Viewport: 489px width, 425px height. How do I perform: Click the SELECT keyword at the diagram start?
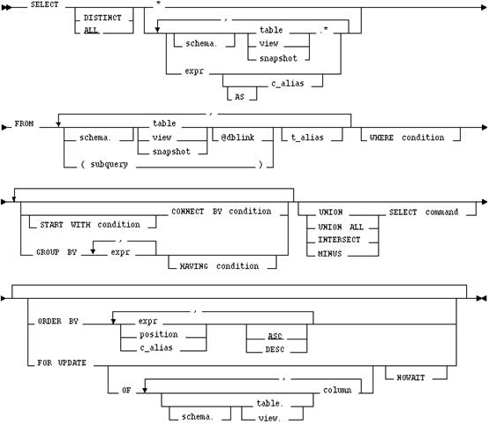point(45,4)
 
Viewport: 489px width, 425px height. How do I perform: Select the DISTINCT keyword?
point(102,18)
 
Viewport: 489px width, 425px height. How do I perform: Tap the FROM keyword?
point(24,123)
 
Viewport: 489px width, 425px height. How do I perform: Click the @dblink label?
point(237,138)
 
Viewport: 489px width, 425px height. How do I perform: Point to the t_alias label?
point(307,138)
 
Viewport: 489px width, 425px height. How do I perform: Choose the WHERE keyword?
point(381,138)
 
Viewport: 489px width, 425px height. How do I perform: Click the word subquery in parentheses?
point(109,164)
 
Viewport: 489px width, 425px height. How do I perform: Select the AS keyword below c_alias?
point(239,97)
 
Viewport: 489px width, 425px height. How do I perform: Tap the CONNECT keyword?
point(187,212)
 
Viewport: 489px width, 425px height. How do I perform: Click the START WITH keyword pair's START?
point(51,225)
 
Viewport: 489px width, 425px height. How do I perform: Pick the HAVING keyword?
point(193,266)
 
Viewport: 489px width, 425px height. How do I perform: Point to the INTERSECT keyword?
point(339,240)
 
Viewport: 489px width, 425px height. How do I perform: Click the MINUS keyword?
point(329,254)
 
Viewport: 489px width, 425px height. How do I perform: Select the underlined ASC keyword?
point(275,336)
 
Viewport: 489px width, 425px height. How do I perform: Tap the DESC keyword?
point(275,349)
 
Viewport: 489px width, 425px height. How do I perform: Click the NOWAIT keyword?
point(410,377)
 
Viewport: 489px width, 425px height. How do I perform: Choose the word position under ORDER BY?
point(158,335)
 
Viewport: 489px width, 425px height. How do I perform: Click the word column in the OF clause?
point(337,390)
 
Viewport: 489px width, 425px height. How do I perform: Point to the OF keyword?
point(126,390)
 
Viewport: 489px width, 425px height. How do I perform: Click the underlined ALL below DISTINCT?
point(91,31)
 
